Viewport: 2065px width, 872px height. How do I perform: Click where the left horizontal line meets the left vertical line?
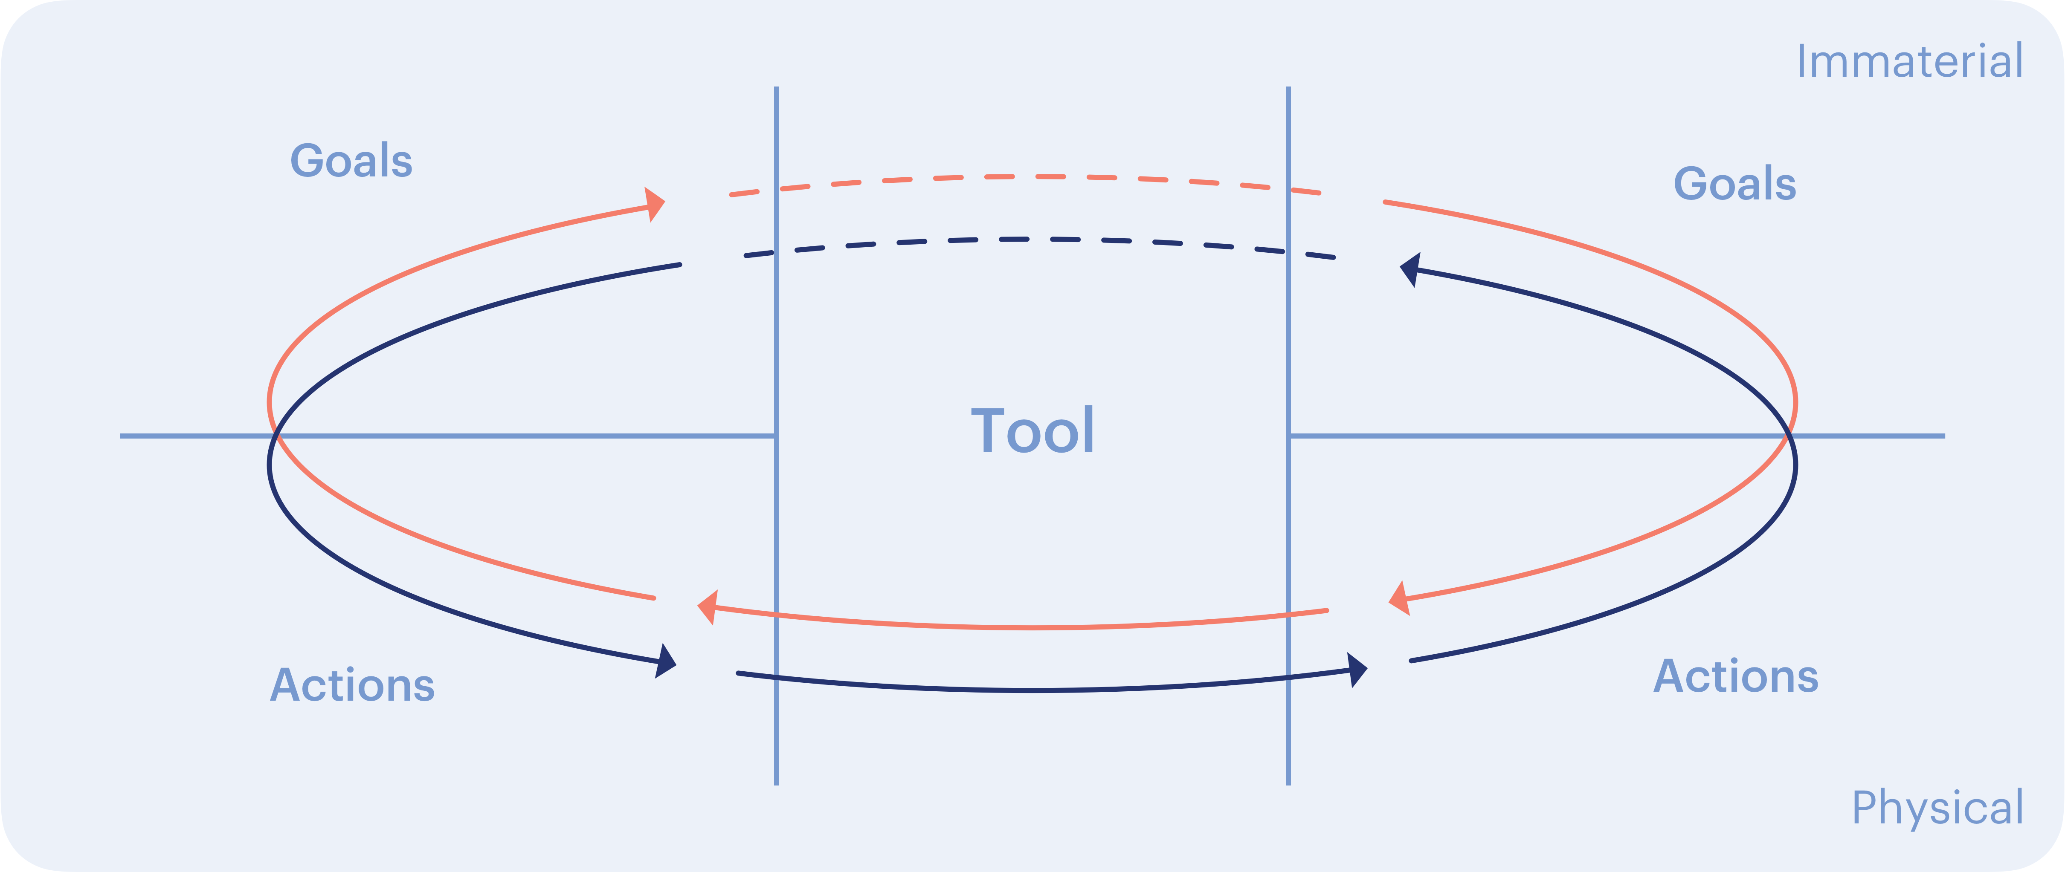pyautogui.click(x=776, y=436)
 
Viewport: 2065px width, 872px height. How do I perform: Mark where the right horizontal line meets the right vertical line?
pyautogui.click(x=1288, y=436)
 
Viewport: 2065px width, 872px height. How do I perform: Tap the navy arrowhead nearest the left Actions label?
pyautogui.click(x=666, y=661)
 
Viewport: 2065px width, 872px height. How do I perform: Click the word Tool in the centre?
pyautogui.click(x=1032, y=431)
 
